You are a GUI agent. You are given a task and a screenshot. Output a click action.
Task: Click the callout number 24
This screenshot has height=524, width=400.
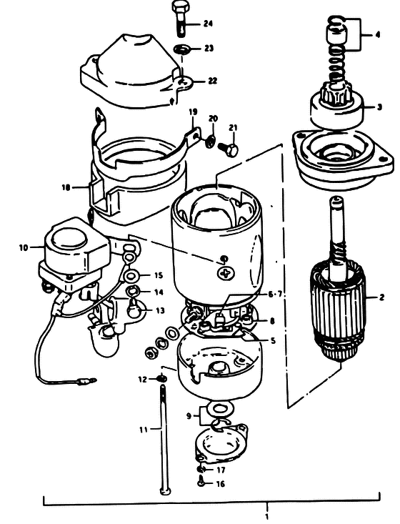click(207, 24)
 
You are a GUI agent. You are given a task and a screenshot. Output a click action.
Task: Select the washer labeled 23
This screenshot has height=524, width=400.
click(181, 49)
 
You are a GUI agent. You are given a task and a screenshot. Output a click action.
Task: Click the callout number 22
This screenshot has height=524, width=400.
click(212, 81)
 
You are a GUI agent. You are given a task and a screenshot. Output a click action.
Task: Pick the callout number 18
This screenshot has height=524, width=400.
click(66, 187)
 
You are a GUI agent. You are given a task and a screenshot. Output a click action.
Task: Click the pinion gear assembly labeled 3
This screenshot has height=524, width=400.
click(336, 107)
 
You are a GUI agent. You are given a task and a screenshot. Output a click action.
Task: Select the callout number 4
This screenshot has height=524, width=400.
click(377, 34)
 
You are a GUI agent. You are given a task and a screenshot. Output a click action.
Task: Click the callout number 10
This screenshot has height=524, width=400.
click(24, 247)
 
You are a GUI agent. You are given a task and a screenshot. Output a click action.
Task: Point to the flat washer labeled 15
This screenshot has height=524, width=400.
click(130, 276)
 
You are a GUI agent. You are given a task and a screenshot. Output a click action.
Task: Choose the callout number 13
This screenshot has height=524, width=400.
click(160, 310)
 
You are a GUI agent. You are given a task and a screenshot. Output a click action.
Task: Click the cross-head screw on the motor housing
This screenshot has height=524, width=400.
click(226, 274)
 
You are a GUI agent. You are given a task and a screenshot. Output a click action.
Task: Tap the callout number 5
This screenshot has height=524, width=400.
click(273, 341)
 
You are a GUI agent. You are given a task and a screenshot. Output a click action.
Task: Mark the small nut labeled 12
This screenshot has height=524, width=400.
click(162, 378)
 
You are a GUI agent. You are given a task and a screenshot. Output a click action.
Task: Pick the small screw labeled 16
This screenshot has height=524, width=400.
click(201, 483)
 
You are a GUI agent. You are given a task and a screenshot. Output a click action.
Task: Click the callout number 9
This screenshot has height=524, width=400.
click(189, 416)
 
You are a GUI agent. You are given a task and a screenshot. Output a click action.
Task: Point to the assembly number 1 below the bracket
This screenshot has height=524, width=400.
click(266, 517)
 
